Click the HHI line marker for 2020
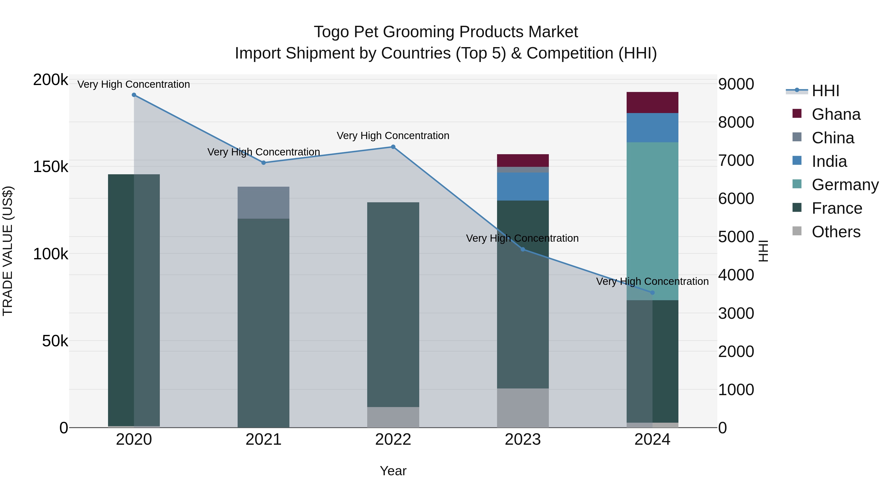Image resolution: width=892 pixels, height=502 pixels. click(134, 95)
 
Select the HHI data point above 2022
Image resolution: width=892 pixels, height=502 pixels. click(393, 147)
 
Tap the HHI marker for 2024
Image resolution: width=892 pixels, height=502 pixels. click(652, 293)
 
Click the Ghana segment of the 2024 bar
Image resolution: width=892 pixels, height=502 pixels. click(652, 103)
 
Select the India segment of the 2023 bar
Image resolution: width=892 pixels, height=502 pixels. click(523, 186)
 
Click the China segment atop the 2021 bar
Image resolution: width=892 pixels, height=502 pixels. click(264, 203)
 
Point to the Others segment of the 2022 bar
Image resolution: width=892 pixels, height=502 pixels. click(393, 417)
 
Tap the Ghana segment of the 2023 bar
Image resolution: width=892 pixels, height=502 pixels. click(523, 160)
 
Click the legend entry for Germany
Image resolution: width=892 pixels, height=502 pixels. click(845, 185)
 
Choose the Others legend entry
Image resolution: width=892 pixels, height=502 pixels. click(836, 232)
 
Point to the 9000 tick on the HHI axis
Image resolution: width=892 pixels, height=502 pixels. click(736, 84)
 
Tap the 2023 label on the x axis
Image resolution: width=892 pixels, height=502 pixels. click(523, 440)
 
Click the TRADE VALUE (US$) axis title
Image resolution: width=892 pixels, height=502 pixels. click(8, 251)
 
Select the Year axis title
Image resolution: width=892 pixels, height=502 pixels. click(393, 471)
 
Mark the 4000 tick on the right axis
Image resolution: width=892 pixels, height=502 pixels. click(736, 275)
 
